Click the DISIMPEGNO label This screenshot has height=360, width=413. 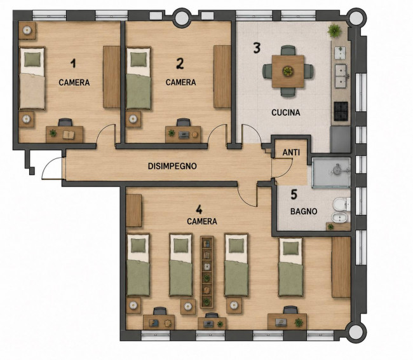[172, 166]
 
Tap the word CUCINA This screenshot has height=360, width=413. [286, 113]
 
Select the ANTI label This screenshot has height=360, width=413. [291, 153]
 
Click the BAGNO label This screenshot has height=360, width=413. [304, 211]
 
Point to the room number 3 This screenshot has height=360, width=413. [257, 48]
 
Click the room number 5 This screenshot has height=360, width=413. [294, 195]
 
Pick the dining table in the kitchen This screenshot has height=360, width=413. [288, 71]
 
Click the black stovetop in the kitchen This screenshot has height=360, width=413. [341, 111]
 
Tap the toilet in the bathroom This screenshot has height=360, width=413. [342, 204]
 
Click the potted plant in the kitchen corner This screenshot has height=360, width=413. [335, 31]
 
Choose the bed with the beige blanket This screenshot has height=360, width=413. [32, 78]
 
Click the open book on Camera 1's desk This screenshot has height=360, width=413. [69, 135]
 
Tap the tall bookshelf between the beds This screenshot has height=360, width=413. [207, 272]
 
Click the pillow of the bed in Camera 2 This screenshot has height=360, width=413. [139, 60]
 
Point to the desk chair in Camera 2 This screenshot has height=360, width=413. [184, 122]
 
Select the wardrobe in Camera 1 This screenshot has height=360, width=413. [111, 77]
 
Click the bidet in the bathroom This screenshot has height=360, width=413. [341, 218]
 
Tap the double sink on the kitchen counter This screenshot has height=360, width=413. [341, 76]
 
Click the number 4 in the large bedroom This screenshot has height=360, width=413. [199, 210]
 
